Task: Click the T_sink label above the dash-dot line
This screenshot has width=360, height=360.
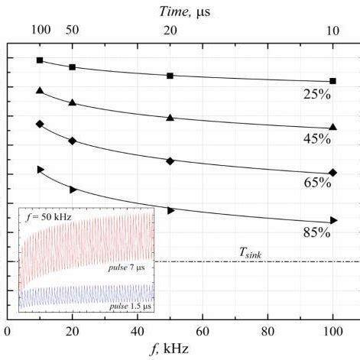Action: pos(253,251)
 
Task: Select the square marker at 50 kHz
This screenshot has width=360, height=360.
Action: pos(170,76)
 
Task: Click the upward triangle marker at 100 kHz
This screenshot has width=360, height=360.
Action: pos(333,127)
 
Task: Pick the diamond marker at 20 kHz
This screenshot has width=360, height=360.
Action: pos(73,141)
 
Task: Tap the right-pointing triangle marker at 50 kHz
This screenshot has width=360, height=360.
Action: pos(170,209)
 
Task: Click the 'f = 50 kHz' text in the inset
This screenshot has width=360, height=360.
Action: pos(48,218)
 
